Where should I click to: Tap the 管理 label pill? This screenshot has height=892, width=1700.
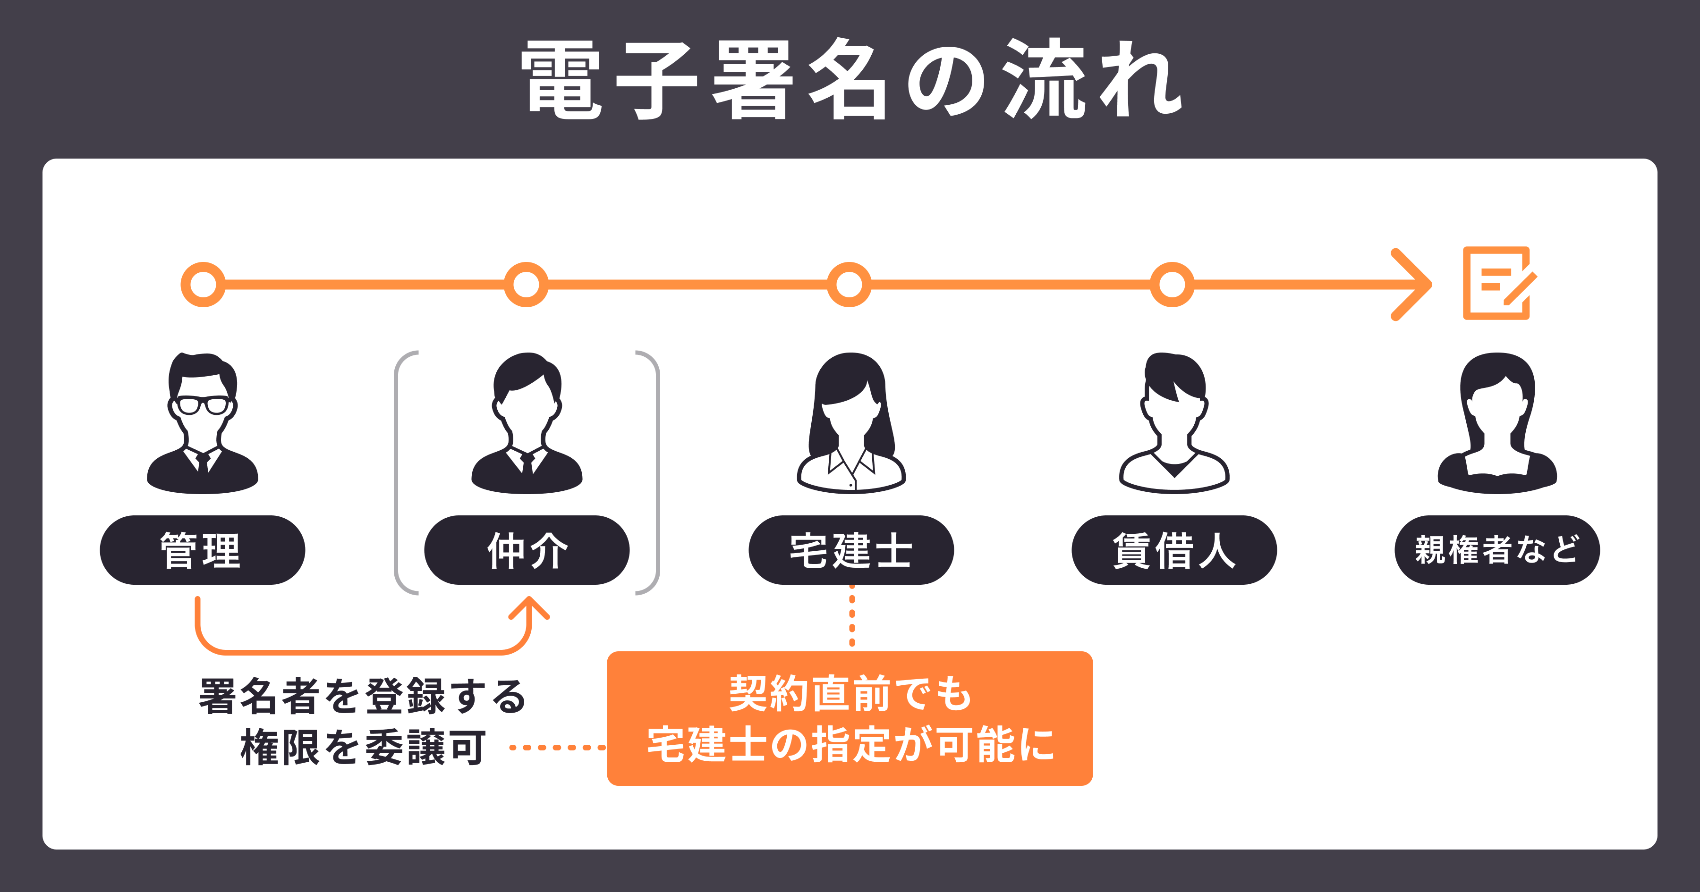click(202, 550)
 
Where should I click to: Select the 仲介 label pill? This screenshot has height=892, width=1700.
click(527, 550)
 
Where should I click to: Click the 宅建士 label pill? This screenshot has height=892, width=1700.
click(850, 550)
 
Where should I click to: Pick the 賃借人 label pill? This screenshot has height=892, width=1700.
click(1174, 550)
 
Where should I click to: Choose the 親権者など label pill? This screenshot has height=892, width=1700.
click(1497, 550)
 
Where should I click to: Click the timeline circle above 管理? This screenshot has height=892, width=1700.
click(203, 285)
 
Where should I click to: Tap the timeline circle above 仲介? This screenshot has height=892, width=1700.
click(526, 285)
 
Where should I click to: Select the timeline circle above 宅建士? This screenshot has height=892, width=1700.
click(850, 285)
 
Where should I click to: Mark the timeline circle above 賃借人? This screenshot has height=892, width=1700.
click(1172, 285)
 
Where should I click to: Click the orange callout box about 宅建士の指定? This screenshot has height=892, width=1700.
click(850, 718)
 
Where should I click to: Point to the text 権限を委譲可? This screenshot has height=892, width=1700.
click(364, 748)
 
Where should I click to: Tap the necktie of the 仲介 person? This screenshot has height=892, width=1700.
click(527, 463)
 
